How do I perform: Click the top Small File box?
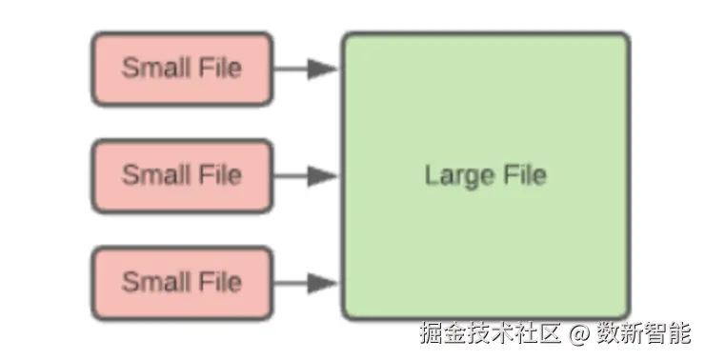[182, 69]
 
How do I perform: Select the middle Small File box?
[182, 175]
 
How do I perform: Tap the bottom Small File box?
[182, 282]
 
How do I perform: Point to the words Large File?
[486, 176]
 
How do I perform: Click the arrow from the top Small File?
[305, 69]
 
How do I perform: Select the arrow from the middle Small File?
[305, 175]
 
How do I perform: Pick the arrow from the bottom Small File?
[305, 282]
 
